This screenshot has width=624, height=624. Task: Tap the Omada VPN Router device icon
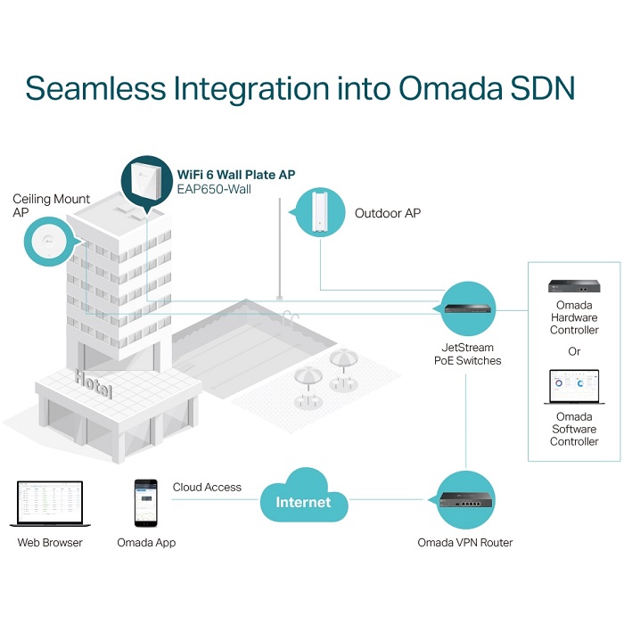click(x=465, y=500)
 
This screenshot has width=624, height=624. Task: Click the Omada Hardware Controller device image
click(x=574, y=286)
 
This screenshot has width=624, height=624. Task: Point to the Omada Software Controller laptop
click(x=574, y=387)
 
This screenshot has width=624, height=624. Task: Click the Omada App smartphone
click(x=145, y=503)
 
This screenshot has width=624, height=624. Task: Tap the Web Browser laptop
click(x=50, y=504)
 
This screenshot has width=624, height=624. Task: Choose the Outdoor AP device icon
click(x=320, y=212)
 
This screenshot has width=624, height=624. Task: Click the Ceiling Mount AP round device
click(x=48, y=242)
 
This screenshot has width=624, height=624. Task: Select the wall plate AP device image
click(x=146, y=180)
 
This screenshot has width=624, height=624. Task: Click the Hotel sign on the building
click(x=93, y=383)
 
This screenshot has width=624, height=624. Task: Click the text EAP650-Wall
click(x=214, y=189)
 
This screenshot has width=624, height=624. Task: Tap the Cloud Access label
click(x=207, y=487)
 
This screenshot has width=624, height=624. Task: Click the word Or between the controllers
click(x=574, y=351)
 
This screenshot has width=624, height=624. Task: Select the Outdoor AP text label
click(x=388, y=213)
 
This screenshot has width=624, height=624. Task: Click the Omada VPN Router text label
click(x=464, y=542)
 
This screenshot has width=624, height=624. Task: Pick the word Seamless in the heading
click(x=95, y=88)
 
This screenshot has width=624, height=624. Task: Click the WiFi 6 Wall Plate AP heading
click(x=236, y=175)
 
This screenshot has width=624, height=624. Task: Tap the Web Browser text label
click(x=50, y=542)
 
